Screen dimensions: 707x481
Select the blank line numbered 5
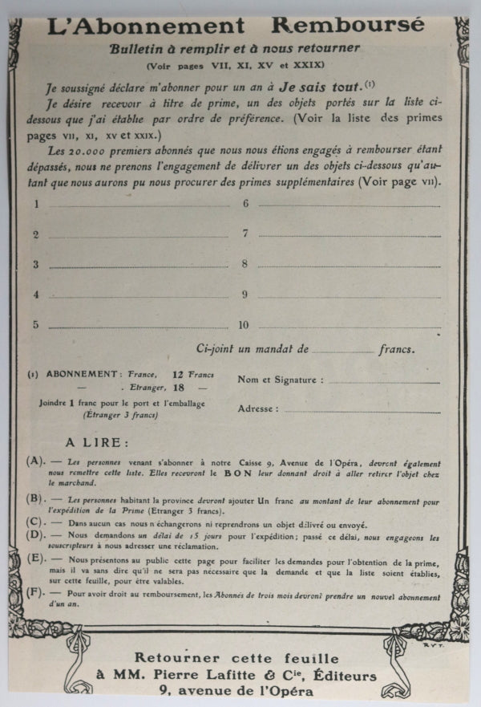point(137,327)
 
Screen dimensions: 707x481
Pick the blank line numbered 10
point(349,327)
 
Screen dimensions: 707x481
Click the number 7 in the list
point(245,234)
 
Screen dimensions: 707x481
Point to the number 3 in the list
point(35,264)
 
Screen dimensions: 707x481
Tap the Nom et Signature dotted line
point(385,380)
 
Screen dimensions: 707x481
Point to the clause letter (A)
point(34,462)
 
